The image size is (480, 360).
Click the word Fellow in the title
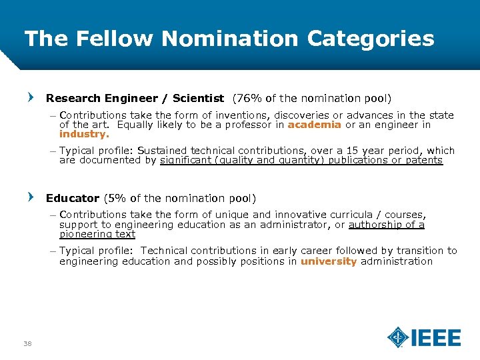[x=115, y=39]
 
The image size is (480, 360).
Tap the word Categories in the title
[x=371, y=39]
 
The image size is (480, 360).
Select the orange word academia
[x=315, y=125]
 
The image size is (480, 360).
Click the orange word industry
[x=84, y=134]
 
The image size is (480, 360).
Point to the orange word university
[x=329, y=261]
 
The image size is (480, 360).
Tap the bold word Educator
[x=72, y=199]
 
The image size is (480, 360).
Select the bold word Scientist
[x=198, y=99]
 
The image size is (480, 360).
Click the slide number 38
[x=27, y=344]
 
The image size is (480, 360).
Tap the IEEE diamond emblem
[x=398, y=337]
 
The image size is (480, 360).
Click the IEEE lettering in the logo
[x=436, y=338]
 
